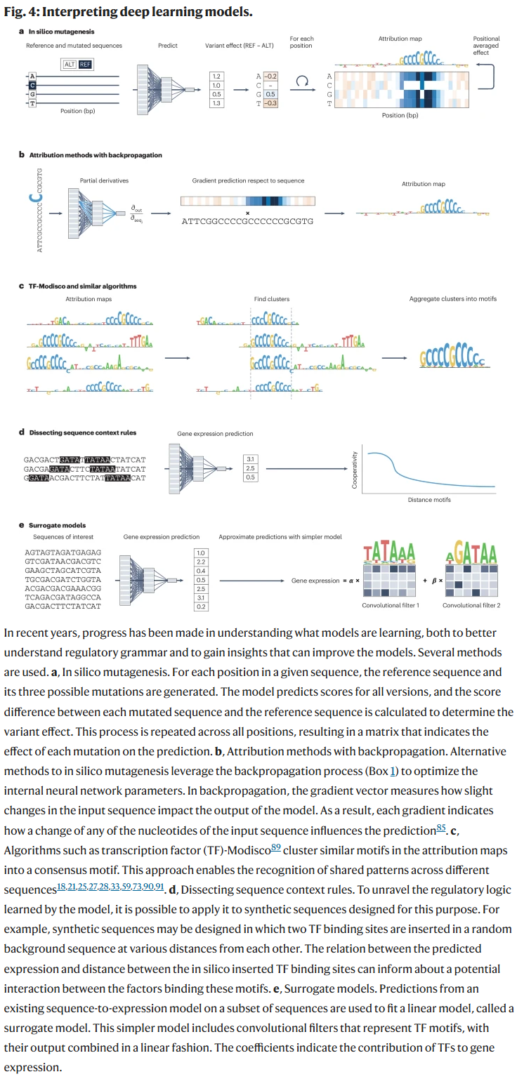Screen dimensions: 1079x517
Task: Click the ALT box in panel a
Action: tap(70, 63)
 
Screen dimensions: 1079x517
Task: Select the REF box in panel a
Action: tap(85, 63)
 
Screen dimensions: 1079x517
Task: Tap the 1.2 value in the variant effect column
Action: tap(216, 75)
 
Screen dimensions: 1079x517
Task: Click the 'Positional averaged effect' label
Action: tap(486, 46)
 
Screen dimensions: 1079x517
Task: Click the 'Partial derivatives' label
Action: tap(104, 180)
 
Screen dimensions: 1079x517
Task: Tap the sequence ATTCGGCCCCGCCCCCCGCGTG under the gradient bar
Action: tap(247, 221)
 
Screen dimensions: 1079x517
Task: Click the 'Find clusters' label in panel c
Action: tap(271, 299)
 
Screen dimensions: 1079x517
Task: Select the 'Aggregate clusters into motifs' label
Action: tap(452, 299)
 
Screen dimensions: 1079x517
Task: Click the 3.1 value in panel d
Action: tap(250, 459)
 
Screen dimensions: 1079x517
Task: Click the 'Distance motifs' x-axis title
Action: tap(429, 500)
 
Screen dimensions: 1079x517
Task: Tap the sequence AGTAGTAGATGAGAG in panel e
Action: tap(63, 552)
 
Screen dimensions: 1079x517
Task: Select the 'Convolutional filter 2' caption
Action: tap(471, 605)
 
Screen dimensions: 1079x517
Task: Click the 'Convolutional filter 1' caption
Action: tap(391, 605)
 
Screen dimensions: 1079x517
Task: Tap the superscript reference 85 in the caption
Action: tap(441, 827)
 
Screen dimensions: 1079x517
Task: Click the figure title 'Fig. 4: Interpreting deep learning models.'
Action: tap(129, 12)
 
